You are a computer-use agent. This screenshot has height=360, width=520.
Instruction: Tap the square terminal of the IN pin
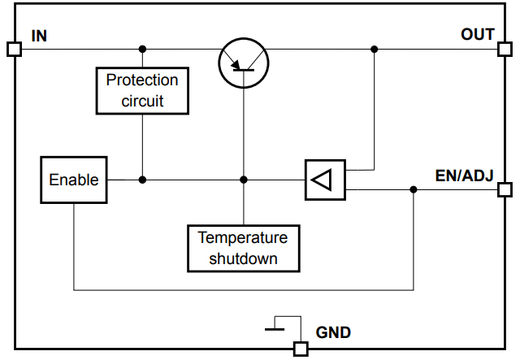[x=14, y=49]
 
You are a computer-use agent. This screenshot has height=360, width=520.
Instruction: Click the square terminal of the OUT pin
[x=505, y=49]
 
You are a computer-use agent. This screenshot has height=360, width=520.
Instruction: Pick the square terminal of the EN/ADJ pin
[x=505, y=189]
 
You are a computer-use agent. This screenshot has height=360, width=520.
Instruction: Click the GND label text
[x=333, y=332]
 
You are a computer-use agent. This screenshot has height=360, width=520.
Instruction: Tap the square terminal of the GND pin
[x=301, y=349]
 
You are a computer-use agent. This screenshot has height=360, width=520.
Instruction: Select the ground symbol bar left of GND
[x=275, y=329]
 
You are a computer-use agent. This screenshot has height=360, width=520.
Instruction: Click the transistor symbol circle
[x=244, y=61]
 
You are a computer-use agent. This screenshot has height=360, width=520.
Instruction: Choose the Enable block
[x=73, y=180]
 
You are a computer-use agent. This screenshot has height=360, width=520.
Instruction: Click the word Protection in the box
[x=142, y=80]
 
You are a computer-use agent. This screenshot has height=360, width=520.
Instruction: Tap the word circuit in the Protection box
[x=142, y=101]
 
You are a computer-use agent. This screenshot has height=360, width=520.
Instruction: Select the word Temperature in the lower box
[x=243, y=238]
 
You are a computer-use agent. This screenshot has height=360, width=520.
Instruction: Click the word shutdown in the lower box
[x=243, y=258]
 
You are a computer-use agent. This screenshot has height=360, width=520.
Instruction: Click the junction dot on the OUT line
[x=375, y=49]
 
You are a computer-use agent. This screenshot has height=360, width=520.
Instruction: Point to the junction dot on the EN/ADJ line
[x=414, y=189]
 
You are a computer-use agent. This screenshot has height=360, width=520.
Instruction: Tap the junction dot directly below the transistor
[x=244, y=180]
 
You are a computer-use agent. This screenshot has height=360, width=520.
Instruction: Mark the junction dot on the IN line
[x=143, y=49]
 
